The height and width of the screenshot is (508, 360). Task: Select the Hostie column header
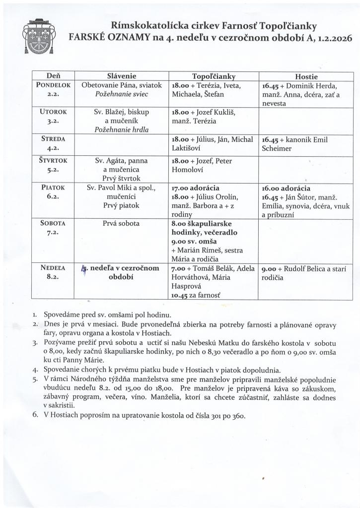tap(306, 77)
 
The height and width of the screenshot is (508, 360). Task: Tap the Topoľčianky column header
tap(214, 77)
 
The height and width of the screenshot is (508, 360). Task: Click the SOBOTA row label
tap(53, 223)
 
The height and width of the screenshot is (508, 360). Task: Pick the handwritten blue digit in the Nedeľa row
tap(84, 269)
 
